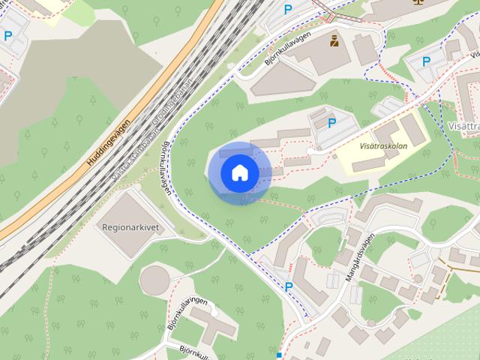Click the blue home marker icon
239,172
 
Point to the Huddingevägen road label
108,142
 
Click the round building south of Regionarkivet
155,280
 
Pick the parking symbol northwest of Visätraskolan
331,122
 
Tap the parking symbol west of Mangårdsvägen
288,286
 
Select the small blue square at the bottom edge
278,355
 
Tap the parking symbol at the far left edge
7,35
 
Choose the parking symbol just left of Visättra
426,61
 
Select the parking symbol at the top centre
288,10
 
